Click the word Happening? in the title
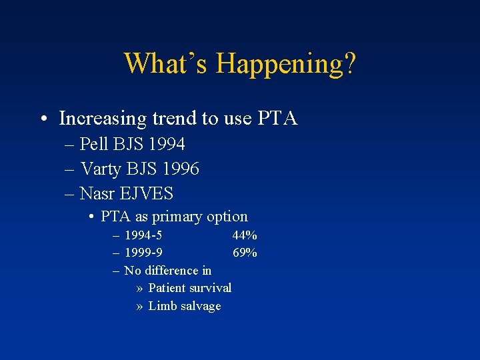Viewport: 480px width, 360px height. click(x=287, y=64)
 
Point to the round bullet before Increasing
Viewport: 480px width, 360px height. click(x=43, y=119)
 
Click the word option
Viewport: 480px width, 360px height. click(x=227, y=217)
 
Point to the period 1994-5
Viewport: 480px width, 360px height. click(x=143, y=235)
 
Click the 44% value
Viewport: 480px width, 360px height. click(x=245, y=235)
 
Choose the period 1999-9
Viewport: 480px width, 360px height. click(x=143, y=253)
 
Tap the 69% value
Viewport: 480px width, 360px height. click(x=245, y=253)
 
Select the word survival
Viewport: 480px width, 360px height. click(x=209, y=288)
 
